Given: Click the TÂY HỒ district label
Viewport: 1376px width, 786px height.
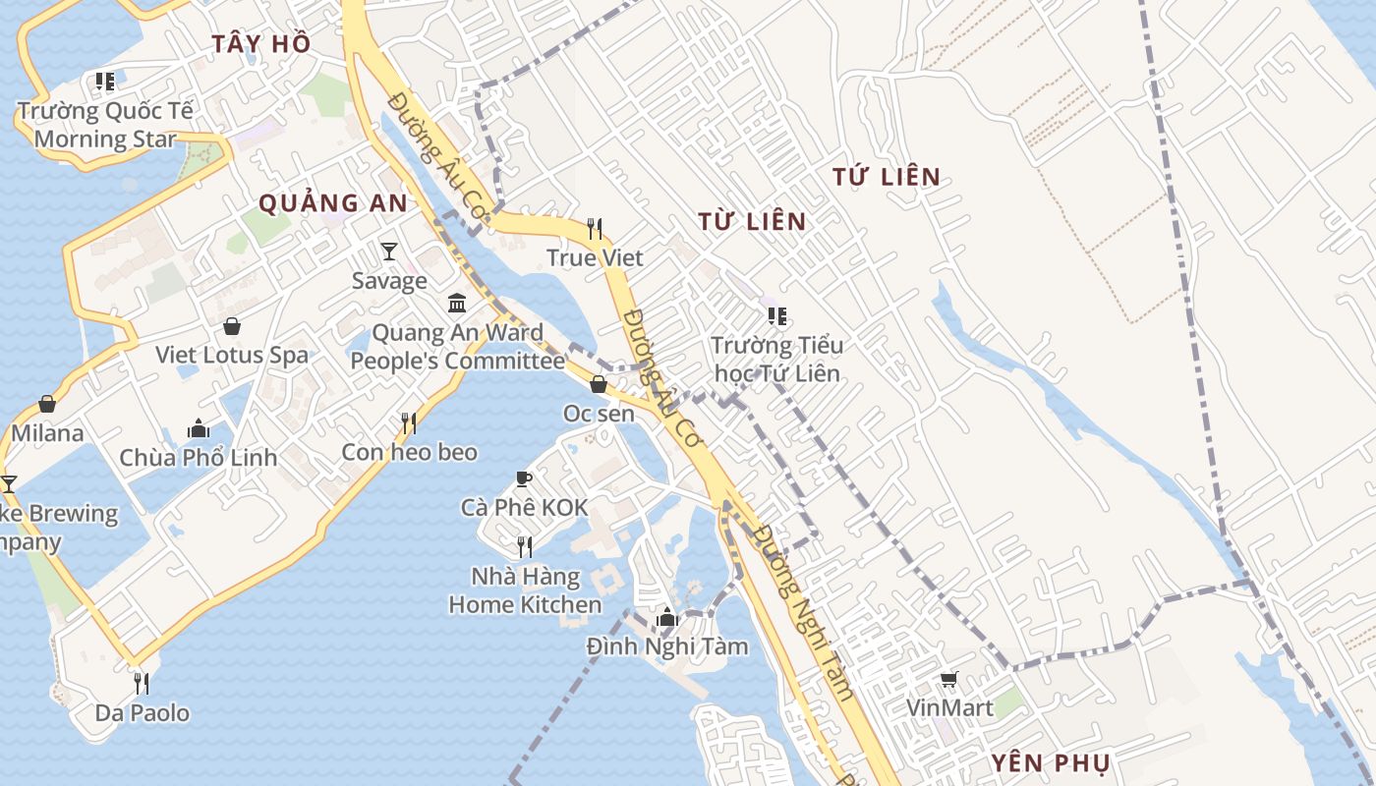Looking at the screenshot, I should [x=261, y=43].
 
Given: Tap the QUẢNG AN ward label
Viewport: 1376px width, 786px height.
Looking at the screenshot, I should [x=332, y=203].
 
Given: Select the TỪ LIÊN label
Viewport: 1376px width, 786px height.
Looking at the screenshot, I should [x=752, y=221].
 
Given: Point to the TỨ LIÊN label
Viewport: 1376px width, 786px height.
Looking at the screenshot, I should [x=887, y=177].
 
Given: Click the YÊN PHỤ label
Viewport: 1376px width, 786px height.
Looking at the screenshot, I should [x=1050, y=763].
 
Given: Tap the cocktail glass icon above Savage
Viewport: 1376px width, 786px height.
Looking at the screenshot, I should [x=389, y=252].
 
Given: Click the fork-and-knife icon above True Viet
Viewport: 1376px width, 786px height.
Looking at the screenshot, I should [x=595, y=229].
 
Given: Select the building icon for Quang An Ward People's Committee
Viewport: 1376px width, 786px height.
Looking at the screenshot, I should [x=457, y=304].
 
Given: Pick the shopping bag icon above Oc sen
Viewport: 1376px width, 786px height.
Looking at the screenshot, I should [x=599, y=384].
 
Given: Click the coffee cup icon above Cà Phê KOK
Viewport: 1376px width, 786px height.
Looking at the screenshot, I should [x=524, y=478].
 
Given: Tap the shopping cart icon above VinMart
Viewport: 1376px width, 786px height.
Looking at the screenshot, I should [x=949, y=679].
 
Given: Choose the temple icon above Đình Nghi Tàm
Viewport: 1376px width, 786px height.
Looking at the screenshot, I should [x=667, y=617].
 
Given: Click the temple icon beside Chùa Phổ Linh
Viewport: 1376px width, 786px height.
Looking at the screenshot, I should [x=199, y=428].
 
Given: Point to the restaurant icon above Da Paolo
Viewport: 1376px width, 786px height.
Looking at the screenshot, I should [x=142, y=683].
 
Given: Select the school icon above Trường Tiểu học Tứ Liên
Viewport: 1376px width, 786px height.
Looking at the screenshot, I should [x=776, y=316].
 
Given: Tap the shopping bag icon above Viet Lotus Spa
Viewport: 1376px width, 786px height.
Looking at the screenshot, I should [x=232, y=326].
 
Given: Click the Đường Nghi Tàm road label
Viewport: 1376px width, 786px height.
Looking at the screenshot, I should [x=804, y=612].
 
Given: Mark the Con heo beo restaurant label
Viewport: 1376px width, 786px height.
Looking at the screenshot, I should [x=409, y=452].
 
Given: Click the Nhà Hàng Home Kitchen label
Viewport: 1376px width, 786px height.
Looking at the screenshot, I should [x=525, y=590].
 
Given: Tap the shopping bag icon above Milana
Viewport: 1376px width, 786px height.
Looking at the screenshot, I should [x=47, y=404].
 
